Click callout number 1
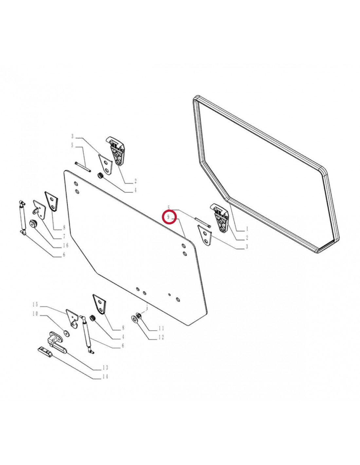pos(247,229)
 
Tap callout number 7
pos(64,236)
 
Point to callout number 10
pos(35,314)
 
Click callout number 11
pos(161,328)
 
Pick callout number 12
pos(161,337)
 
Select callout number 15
pos(35,304)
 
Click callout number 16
pos(65,245)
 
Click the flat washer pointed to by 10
pos(66,333)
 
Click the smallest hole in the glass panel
pos(169,294)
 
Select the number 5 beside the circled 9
pos(169,207)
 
